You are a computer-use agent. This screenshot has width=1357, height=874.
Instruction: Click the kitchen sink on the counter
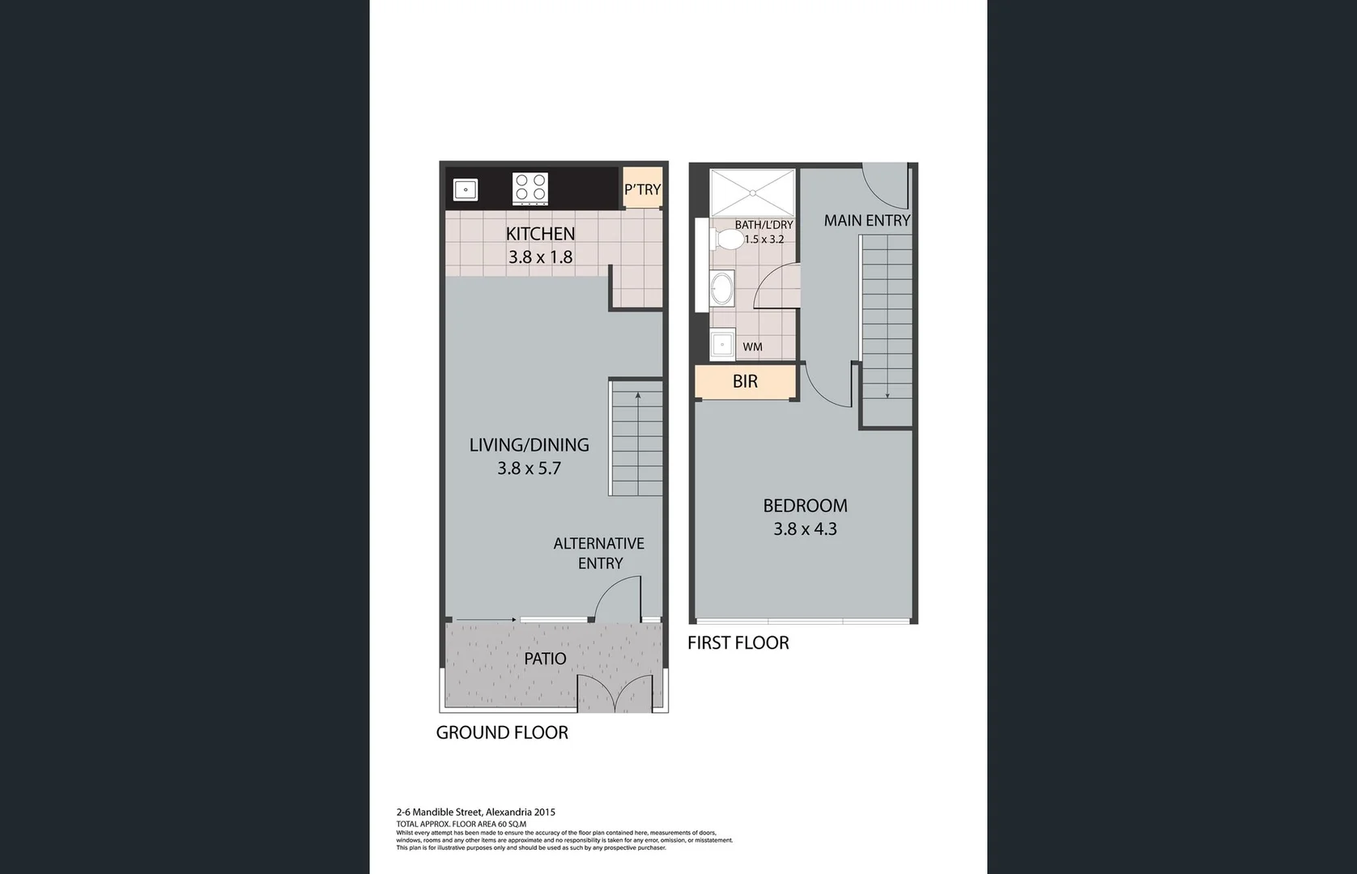[466, 189]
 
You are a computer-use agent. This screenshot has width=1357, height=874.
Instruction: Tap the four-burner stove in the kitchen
[530, 189]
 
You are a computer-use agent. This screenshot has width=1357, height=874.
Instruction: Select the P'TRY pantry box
[642, 189]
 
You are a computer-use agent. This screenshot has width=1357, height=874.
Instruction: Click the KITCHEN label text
[540, 234]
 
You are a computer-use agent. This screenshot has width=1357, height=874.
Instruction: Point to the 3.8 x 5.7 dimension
[529, 468]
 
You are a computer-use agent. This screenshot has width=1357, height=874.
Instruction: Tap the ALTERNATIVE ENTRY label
[599, 554]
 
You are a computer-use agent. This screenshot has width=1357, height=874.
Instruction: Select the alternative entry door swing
[617, 600]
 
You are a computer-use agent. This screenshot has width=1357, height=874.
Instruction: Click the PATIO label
[545, 659]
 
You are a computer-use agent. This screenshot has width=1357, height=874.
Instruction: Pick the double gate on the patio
[615, 694]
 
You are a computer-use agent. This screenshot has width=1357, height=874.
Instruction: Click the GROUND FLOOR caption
[502, 732]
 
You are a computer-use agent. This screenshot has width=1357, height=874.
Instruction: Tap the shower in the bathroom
[752, 193]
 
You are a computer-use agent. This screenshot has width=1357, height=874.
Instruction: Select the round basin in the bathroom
[721, 288]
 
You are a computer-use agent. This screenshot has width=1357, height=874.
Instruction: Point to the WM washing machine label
[752, 346]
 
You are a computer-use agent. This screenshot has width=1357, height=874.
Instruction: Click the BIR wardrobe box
[745, 382]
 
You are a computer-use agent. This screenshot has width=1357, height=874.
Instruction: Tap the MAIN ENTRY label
[866, 220]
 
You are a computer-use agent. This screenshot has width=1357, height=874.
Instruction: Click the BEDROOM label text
[805, 506]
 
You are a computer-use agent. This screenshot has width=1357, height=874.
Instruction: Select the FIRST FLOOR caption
[738, 643]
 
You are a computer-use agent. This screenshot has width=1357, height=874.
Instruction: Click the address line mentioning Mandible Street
[475, 812]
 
